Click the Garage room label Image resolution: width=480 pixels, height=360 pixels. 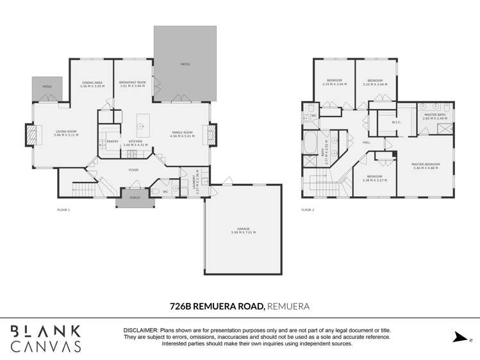pyautogui.click(x=243, y=231)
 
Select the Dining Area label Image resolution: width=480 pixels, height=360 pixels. pyautogui.click(x=92, y=84)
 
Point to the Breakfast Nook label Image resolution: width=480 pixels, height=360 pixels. pyautogui.click(x=133, y=84)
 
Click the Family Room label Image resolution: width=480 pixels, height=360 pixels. pyautogui.click(x=181, y=134)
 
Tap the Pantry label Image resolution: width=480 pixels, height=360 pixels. pyautogui.click(x=112, y=141)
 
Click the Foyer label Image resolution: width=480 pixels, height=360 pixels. pyautogui.click(x=133, y=170)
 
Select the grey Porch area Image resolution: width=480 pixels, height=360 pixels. pyautogui.click(x=135, y=199)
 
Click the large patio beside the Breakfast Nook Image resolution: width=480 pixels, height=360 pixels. pyautogui.click(x=185, y=64)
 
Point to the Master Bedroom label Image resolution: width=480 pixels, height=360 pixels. pyautogui.click(x=425, y=166)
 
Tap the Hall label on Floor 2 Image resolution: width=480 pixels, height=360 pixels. pyautogui.click(x=367, y=142)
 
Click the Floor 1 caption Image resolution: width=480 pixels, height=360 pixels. pyautogui.click(x=63, y=210)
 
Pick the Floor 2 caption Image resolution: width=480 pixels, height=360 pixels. pyautogui.click(x=308, y=210)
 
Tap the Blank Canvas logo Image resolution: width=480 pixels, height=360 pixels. pyautogui.click(x=46, y=338)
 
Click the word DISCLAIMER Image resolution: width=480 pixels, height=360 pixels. pyautogui.click(x=141, y=330)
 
